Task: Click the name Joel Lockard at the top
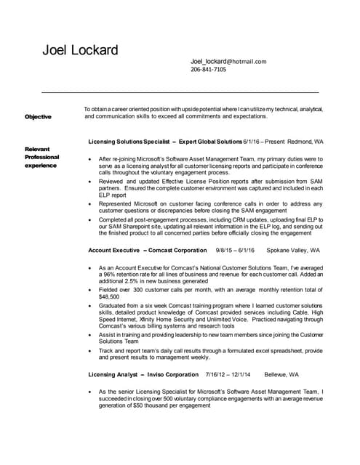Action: point(80,50)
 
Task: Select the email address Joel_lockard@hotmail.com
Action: point(228,62)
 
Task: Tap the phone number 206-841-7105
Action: point(208,70)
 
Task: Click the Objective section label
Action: point(38,116)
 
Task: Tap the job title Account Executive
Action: point(113,250)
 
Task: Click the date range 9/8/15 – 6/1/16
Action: point(235,250)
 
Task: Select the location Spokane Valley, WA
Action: point(293,250)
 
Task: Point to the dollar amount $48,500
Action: point(109,296)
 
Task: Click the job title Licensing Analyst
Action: point(113,375)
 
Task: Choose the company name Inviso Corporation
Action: point(172,375)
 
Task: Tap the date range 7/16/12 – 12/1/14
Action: point(228,375)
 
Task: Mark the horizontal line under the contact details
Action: point(180,93)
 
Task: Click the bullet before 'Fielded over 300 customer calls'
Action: point(89,289)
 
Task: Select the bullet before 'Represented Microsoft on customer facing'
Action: point(89,203)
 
